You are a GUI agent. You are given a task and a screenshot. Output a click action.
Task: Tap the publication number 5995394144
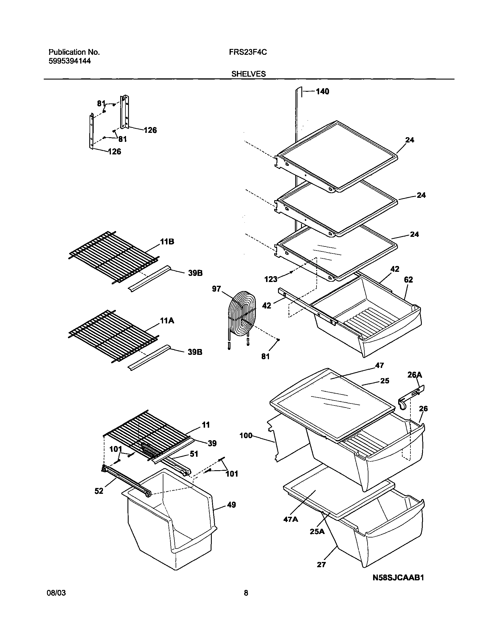pos(69,61)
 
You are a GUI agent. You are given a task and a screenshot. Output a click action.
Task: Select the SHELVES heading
pos(249,74)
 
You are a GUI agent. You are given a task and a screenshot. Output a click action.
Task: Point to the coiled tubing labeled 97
pos(242,317)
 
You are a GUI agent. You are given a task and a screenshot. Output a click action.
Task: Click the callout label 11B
pos(167,242)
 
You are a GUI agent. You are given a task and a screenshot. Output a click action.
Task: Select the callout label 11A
pos(167,321)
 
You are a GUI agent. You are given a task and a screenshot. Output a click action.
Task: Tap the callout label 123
pos(270,279)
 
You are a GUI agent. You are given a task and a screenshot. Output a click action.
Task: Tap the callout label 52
pos(99,491)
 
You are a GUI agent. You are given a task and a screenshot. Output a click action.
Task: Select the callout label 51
pos(194,454)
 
